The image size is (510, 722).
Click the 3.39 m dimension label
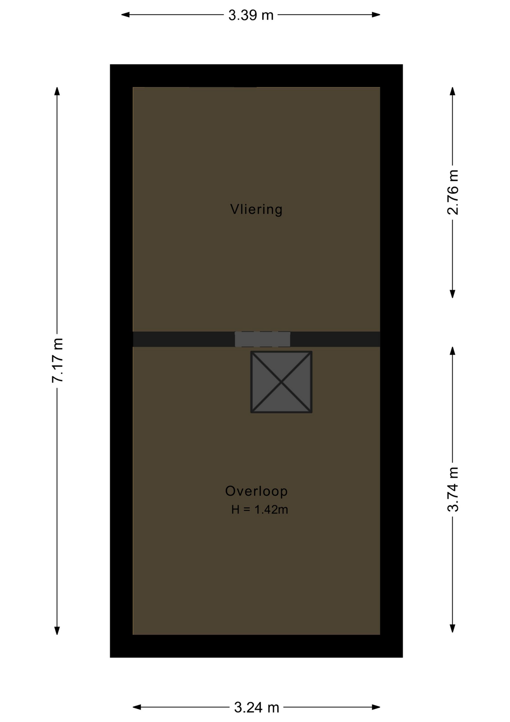tap(251, 15)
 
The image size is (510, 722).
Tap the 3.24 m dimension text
tap(257, 707)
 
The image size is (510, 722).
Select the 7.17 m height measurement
tap(57, 361)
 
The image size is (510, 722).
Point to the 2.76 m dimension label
tap(453, 192)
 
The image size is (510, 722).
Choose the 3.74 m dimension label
tap(453, 489)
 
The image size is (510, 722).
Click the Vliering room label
tap(256, 209)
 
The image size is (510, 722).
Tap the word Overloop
tap(256, 491)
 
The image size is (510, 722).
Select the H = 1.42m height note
tap(260, 510)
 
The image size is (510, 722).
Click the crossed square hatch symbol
tap(281, 382)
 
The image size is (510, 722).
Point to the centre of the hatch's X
tap(281, 382)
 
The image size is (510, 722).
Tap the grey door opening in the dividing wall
tap(263, 339)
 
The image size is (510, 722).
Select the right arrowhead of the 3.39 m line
tap(376, 15)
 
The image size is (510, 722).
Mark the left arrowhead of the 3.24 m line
tap(137, 707)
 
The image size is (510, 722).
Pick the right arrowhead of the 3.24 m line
tap(376, 707)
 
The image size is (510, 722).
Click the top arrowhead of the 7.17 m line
tap(57, 91)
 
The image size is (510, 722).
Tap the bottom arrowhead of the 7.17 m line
tap(57, 631)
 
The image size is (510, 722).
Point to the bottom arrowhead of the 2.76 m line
tap(453, 294)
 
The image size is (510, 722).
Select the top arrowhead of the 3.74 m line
tap(453, 351)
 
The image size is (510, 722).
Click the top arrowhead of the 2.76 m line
tap(453, 91)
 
